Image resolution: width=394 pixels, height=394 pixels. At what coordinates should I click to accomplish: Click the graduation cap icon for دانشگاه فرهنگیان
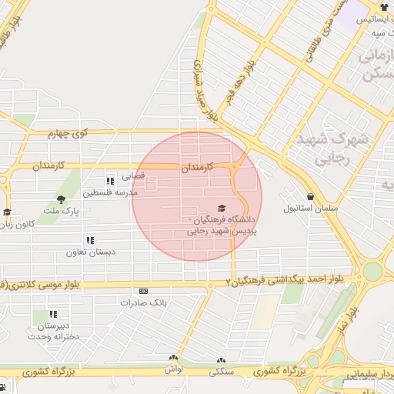(222, 208)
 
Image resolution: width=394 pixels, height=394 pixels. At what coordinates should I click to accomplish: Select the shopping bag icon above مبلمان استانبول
(310, 197)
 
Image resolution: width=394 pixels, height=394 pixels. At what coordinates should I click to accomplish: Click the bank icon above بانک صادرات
(143, 291)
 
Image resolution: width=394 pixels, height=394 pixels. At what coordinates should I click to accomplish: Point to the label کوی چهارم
(70, 134)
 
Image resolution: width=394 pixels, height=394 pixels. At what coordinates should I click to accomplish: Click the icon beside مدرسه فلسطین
(110, 181)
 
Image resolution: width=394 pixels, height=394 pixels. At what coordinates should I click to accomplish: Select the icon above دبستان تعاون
(90, 240)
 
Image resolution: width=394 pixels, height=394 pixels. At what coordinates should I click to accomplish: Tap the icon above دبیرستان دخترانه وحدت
(53, 314)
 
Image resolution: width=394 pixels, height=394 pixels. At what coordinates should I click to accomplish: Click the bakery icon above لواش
(173, 359)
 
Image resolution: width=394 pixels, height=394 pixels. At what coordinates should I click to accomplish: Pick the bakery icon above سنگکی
(222, 360)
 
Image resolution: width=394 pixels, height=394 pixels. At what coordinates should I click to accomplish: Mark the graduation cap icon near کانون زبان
(7, 212)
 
